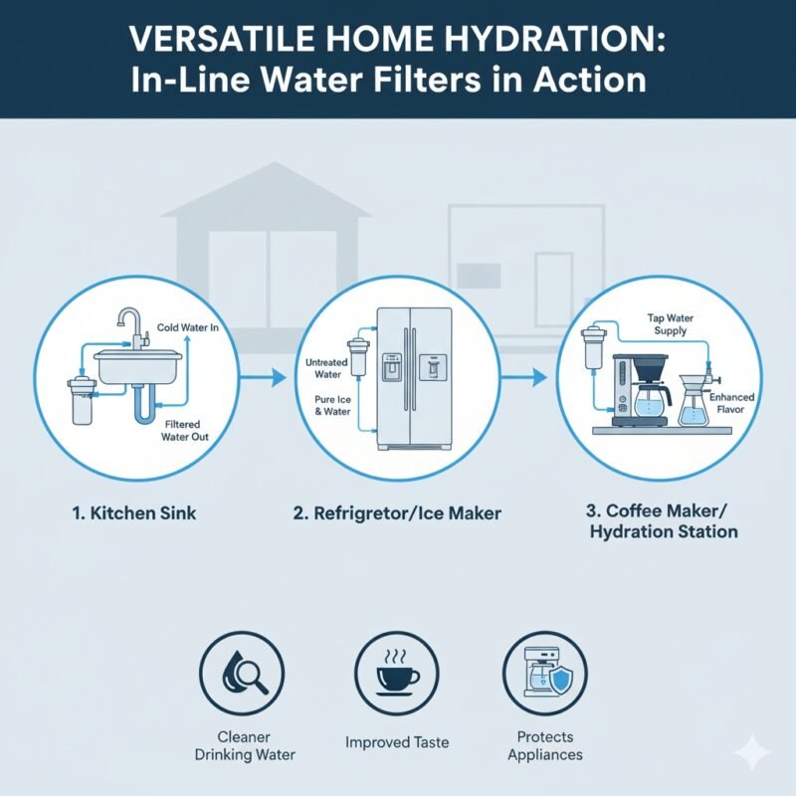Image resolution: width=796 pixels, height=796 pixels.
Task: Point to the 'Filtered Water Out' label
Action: click(x=187, y=430)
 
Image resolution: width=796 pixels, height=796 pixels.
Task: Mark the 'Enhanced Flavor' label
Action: click(x=733, y=403)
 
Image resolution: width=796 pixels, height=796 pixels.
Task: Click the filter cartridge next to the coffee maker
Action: click(x=597, y=348)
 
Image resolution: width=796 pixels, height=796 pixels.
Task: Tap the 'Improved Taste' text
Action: click(x=396, y=742)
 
